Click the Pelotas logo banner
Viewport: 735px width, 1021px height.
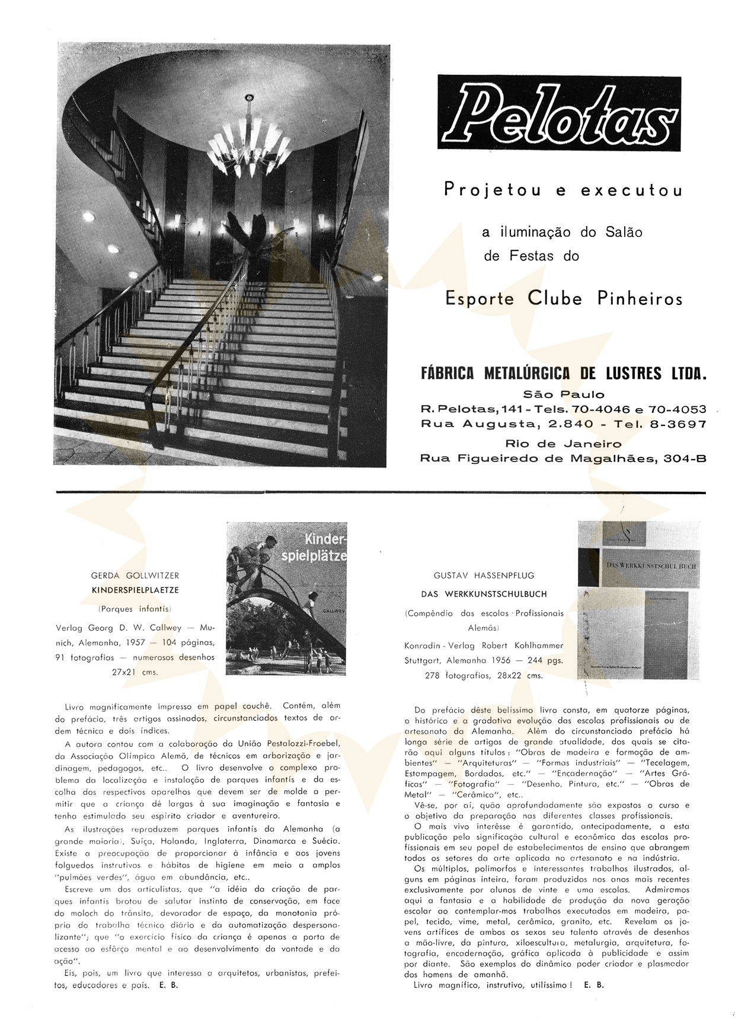tap(559, 113)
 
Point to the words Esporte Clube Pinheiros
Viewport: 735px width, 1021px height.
tap(564, 298)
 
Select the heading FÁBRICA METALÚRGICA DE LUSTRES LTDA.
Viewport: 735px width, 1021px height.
tap(564, 374)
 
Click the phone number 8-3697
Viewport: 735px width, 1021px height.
tap(676, 424)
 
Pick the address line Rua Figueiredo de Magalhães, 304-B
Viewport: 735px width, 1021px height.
tap(563, 458)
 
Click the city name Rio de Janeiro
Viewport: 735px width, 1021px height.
tap(563, 444)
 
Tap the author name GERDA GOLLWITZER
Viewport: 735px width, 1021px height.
tap(135, 575)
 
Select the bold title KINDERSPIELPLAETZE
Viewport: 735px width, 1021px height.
tap(135, 590)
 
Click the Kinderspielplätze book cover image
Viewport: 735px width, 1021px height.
tap(286, 598)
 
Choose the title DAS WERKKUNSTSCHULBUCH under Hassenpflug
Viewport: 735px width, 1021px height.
tap(484, 594)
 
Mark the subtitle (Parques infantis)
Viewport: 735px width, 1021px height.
tap(135, 609)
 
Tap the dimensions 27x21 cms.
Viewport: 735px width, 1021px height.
tap(135, 672)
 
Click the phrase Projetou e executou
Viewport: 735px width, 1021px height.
tap(563, 190)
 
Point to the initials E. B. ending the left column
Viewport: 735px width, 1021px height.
tap(168, 985)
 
